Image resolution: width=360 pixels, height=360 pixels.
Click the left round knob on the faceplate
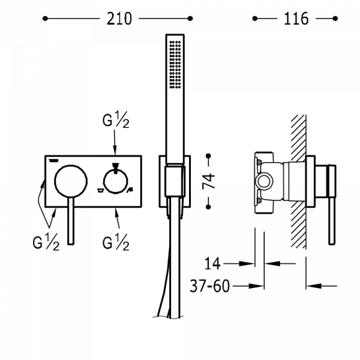pos(71,181)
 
